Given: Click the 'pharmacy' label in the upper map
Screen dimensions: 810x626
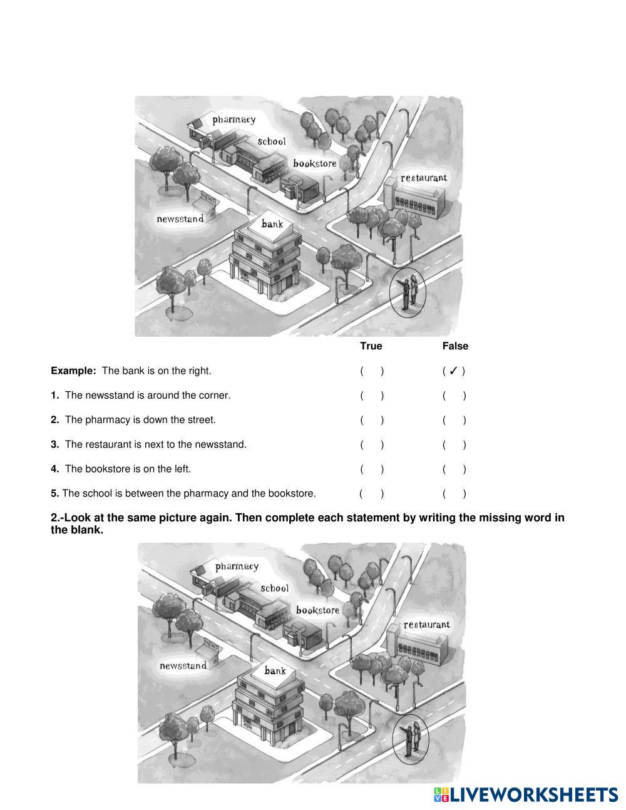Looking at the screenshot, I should pos(233,120).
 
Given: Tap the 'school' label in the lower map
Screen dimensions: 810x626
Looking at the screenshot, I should pos(274,588).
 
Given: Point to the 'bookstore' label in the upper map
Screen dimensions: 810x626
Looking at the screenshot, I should pos(315,163).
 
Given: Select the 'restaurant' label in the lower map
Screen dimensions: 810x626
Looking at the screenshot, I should pos(426,625).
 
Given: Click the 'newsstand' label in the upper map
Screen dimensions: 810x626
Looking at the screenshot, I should pos(180,219).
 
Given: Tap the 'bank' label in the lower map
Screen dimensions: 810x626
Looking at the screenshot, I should pos(275,671).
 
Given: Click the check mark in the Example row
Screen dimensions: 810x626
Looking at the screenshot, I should pos(454,371).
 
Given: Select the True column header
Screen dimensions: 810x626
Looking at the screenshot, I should pos(371,346).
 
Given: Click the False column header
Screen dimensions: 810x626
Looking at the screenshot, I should pos(455,346).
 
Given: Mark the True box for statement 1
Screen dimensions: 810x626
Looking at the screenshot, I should pos(372,396).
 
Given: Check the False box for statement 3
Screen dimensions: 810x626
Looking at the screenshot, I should pos(454,445).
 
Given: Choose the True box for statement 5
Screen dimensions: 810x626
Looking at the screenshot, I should pos(372,494).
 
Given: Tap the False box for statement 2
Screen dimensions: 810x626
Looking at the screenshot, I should pos(454,420).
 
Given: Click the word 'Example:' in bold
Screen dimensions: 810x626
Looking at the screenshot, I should pos(73,371).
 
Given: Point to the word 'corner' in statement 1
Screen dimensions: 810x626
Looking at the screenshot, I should pos(214,396).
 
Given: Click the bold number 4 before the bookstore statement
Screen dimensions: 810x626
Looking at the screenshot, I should pos(55,469).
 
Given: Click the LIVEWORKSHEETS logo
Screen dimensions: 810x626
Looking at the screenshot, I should pos(526,795).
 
